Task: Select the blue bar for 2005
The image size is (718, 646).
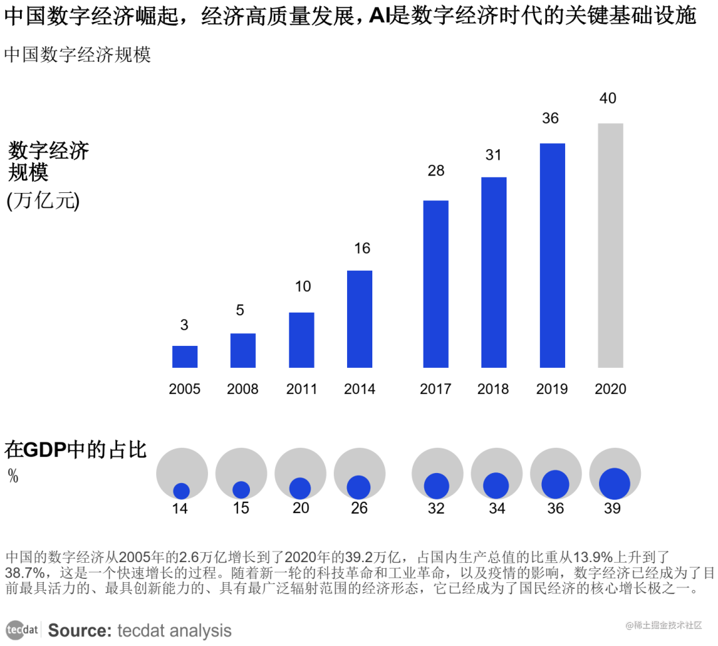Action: pos(185,357)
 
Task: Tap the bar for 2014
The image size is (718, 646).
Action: pos(360,319)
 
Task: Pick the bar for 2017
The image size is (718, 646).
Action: pos(435,283)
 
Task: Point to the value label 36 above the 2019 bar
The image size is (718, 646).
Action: pos(550,118)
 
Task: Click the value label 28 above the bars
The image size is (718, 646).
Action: pos(435,171)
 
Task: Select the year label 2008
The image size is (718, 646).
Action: pos(243,389)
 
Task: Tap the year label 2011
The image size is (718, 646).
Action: pos(301,389)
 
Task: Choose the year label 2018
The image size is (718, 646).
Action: pos(493,389)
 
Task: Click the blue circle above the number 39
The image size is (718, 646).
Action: pos(614,484)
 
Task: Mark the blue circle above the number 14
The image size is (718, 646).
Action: pos(181,491)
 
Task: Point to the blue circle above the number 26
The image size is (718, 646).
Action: pos(359,487)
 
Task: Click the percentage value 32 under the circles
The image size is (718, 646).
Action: pos(436,508)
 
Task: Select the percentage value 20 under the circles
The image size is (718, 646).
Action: pos(300,508)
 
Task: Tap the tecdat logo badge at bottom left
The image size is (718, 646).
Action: pos(23,629)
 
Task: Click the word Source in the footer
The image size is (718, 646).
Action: pos(79,630)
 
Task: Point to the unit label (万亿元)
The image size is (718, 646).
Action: pos(43,201)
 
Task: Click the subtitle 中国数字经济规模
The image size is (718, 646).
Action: pos(78,55)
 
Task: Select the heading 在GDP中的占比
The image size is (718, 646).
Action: pos(75,450)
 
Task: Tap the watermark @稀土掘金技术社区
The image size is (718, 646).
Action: pos(663,625)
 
